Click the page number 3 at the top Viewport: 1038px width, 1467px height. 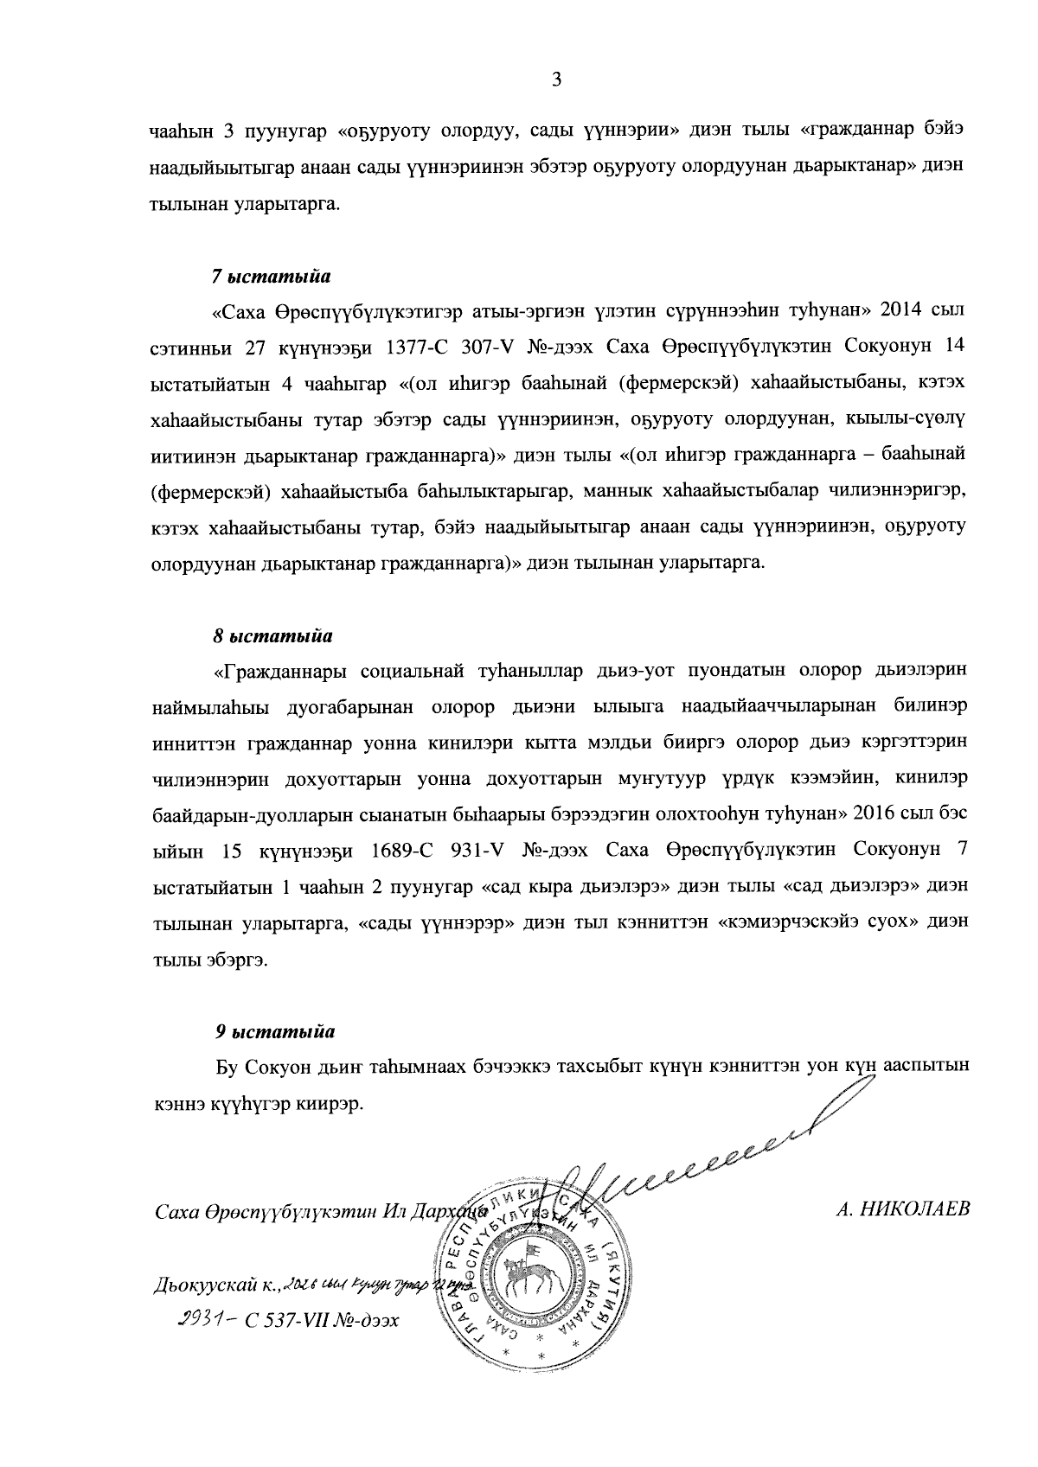(x=556, y=80)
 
